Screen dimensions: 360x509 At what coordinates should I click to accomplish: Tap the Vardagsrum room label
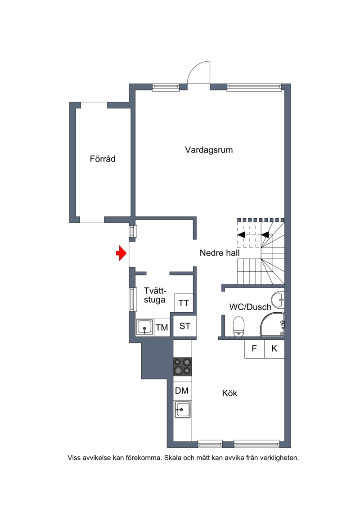(209, 150)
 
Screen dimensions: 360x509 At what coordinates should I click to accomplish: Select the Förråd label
(103, 159)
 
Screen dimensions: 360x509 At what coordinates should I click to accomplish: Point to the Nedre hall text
(220, 253)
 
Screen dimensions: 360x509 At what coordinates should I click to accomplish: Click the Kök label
(229, 393)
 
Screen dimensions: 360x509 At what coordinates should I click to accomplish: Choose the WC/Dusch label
(250, 307)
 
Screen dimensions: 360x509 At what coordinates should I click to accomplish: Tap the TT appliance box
(184, 303)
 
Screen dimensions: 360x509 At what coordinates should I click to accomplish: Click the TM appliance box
(162, 327)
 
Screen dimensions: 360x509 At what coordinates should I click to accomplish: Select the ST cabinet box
(184, 326)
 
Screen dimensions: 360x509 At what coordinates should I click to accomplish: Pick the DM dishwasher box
(182, 391)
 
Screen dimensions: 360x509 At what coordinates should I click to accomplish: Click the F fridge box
(255, 349)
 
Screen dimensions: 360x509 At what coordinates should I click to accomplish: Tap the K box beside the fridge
(274, 349)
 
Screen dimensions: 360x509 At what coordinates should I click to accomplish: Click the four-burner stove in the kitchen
(182, 366)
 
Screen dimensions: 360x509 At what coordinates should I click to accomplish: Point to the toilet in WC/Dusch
(238, 326)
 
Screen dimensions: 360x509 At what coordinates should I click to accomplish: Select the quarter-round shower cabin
(272, 324)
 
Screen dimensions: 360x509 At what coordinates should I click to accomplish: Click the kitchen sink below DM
(183, 410)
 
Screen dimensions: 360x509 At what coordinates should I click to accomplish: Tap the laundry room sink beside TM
(144, 327)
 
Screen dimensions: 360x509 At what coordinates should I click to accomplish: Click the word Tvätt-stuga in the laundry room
(155, 295)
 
